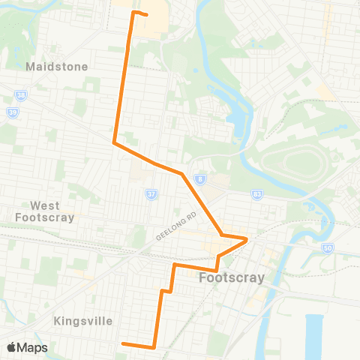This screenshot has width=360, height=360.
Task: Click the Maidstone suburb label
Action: (x=57, y=67)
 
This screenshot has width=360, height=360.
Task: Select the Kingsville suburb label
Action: (x=84, y=321)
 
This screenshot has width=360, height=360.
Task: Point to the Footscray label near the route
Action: (x=232, y=278)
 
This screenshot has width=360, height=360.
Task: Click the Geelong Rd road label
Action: (x=175, y=225)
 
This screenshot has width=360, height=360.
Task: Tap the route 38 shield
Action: (x=21, y=95)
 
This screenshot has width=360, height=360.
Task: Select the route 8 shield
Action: (x=200, y=179)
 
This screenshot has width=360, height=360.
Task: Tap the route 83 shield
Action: (x=256, y=193)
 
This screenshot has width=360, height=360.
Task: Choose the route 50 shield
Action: (x=326, y=247)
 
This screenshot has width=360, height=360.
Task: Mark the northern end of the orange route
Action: (x=145, y=14)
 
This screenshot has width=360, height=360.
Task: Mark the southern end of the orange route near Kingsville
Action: (x=122, y=344)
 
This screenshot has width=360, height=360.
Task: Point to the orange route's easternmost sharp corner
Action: (x=247, y=240)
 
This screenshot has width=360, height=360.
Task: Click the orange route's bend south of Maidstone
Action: (x=113, y=142)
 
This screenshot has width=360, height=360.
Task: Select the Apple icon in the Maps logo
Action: (x=11, y=347)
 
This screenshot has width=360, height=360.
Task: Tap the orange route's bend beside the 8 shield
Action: (x=182, y=174)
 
